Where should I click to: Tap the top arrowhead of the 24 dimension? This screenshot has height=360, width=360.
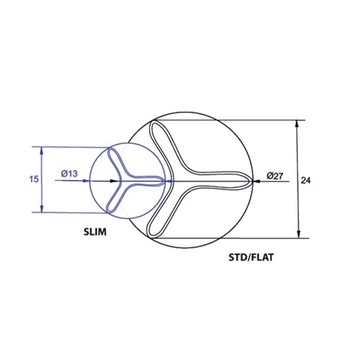298,125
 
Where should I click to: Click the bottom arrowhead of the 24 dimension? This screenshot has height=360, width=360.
298,236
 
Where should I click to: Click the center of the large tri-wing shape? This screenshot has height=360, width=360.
186,181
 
